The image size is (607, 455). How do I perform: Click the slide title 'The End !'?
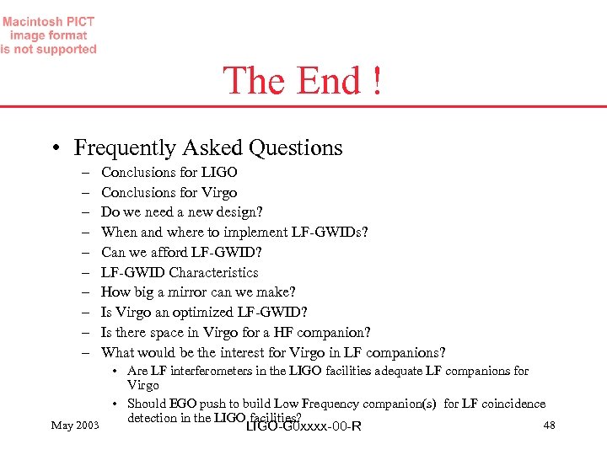click(x=302, y=81)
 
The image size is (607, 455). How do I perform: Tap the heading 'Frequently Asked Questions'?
click(x=208, y=147)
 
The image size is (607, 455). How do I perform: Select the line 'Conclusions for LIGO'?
click(x=169, y=172)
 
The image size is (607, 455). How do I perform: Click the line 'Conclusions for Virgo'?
click(x=169, y=192)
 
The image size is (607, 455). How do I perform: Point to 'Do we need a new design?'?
click(x=182, y=212)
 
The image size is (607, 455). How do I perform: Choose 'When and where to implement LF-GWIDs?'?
click(x=234, y=232)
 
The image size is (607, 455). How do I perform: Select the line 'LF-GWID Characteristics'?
click(x=180, y=272)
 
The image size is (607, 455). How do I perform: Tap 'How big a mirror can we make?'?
click(x=198, y=292)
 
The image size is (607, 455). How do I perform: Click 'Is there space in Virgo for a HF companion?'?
click(x=236, y=333)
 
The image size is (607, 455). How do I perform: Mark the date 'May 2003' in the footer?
click(x=74, y=425)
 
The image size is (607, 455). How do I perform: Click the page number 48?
click(x=549, y=425)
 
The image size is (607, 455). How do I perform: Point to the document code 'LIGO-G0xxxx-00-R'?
click(x=302, y=426)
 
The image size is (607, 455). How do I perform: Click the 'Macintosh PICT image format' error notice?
click(x=48, y=35)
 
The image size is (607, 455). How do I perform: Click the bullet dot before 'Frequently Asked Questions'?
click(x=55, y=149)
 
